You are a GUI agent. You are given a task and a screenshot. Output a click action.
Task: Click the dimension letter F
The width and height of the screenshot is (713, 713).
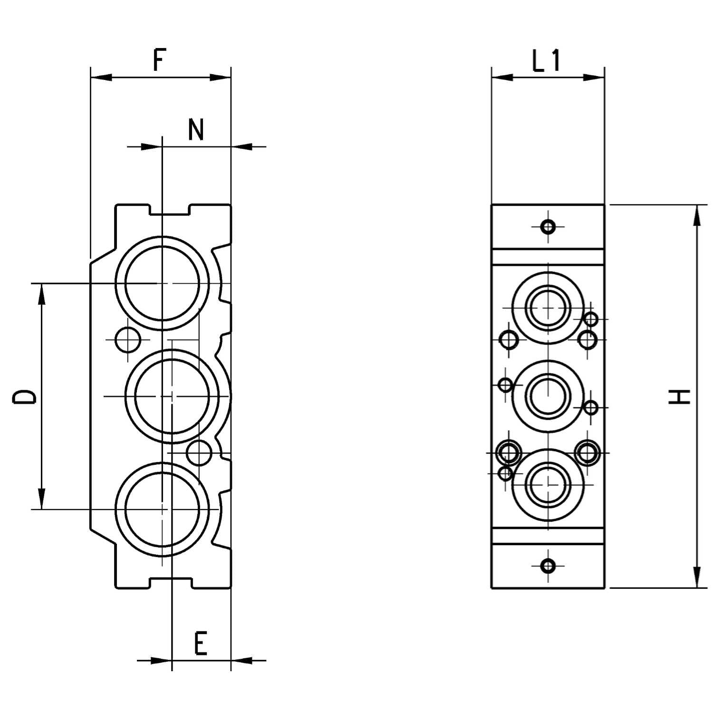pyautogui.click(x=159, y=60)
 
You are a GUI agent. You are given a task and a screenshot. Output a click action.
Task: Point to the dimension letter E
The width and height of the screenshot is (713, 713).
pyautogui.click(x=201, y=644)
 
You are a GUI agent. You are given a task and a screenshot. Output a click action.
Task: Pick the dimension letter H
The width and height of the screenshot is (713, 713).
pyautogui.click(x=680, y=396)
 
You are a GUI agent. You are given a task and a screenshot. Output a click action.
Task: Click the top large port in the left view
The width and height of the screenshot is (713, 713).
pyautogui.click(x=162, y=283)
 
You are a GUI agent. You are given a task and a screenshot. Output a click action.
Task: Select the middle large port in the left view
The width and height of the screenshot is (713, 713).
pyautogui.click(x=172, y=396)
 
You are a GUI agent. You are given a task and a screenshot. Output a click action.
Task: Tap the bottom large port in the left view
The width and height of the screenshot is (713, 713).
pyautogui.click(x=162, y=509)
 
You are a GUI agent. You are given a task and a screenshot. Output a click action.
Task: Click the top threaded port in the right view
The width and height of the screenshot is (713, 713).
pyautogui.click(x=549, y=308)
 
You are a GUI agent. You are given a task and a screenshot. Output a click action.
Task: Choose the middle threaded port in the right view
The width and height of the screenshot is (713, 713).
pyautogui.click(x=549, y=396)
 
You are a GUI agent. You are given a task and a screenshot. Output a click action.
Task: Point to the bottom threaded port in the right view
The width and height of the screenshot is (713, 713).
pyautogui.click(x=549, y=484)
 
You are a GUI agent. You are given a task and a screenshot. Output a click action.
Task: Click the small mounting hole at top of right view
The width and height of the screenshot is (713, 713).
pyautogui.click(x=549, y=226)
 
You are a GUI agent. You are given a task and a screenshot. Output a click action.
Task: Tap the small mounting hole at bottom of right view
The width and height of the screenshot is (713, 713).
pyautogui.click(x=549, y=566)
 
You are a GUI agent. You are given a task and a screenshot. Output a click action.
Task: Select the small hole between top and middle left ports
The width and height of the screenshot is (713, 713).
pyautogui.click(x=128, y=340)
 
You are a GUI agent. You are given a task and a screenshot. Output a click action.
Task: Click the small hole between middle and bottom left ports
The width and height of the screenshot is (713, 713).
pyautogui.click(x=199, y=453)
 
